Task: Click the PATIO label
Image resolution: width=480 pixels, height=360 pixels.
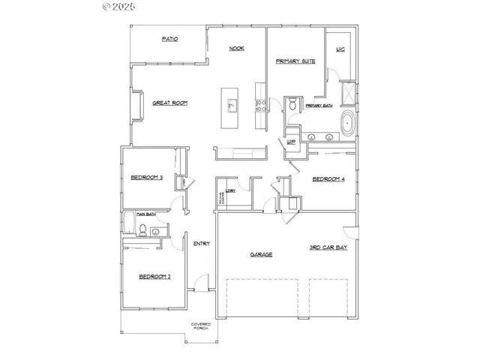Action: [x=169, y=39]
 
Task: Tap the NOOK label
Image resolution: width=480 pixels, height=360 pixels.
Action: [x=237, y=49]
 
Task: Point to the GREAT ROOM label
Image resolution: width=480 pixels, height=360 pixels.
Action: [x=169, y=103]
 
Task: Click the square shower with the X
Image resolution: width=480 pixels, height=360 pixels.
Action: [x=347, y=93]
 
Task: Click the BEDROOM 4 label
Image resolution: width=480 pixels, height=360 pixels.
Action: [x=328, y=179]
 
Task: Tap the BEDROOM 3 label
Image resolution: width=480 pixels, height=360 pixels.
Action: [x=146, y=177]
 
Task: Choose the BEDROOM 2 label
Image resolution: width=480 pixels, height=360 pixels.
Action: [x=154, y=277]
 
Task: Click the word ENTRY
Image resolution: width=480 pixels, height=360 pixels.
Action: [x=201, y=244]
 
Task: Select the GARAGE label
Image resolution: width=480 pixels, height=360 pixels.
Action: [x=261, y=255]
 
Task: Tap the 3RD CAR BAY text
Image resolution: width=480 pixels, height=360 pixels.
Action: [x=328, y=247]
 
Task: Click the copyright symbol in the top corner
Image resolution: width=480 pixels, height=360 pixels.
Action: [x=105, y=7]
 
